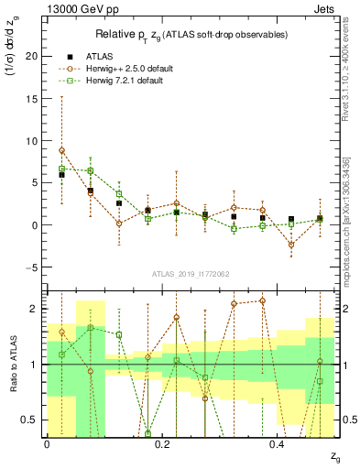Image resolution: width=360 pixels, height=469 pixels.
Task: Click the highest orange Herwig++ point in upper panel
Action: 61,150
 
